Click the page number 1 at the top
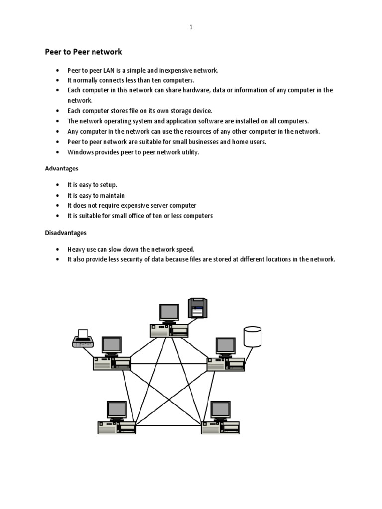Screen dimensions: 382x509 (191, 28)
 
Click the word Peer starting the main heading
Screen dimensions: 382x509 (53, 52)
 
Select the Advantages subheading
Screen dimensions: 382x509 (62, 169)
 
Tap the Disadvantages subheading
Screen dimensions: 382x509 (66, 232)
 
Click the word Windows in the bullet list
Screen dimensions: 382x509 (80, 152)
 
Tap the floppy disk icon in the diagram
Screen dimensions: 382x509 (197, 308)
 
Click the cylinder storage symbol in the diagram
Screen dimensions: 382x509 (252, 337)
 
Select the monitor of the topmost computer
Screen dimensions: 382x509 (169, 312)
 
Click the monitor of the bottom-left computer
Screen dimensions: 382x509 (117, 410)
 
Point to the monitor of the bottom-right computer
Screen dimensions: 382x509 (220, 410)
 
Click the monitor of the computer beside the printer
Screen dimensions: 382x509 (112, 345)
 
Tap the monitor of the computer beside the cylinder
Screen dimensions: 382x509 (225, 346)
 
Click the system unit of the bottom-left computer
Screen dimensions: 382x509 (117, 427)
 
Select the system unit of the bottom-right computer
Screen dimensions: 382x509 (220, 427)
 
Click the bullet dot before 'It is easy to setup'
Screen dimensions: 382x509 (58, 185)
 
